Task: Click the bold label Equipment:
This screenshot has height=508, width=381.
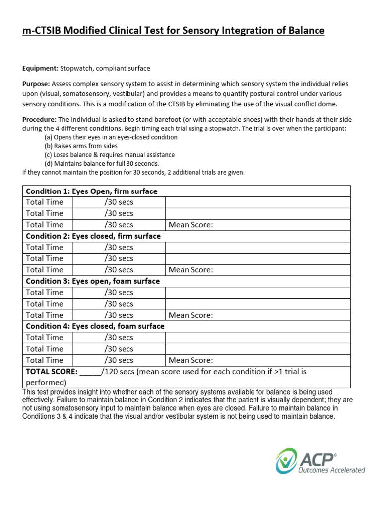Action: [x=41, y=68]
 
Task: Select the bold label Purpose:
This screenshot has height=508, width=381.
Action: [x=36, y=84]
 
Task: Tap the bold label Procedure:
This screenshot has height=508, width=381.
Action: [x=40, y=120]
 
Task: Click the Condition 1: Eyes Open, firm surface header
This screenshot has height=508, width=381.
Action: [x=91, y=191]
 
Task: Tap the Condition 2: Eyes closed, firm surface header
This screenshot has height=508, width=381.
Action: [x=93, y=236]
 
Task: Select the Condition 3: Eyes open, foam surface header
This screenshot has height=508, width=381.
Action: [x=93, y=281]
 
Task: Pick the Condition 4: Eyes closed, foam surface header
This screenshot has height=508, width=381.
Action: [x=95, y=326]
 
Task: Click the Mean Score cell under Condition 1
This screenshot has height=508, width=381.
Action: [x=191, y=225]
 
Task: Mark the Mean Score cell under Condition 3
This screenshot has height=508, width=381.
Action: [x=191, y=315]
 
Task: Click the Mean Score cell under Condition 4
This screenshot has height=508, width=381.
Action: [x=191, y=360]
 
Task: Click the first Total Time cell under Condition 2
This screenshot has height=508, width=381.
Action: [x=45, y=247]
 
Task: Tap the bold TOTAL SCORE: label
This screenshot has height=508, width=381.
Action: [x=51, y=372]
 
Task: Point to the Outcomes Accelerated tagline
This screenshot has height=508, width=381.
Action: [x=331, y=470]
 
